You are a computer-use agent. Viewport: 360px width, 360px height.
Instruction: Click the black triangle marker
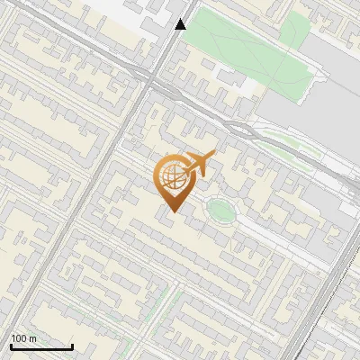point(181,24)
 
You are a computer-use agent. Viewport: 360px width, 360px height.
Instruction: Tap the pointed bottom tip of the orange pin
point(172,211)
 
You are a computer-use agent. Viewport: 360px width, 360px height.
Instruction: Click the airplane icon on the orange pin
point(199,165)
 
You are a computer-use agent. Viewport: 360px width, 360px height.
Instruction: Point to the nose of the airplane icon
point(213,157)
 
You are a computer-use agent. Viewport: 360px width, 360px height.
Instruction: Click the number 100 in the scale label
point(19,338)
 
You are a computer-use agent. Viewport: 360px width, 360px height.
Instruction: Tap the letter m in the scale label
point(32,338)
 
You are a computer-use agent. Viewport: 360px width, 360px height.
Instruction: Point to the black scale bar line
point(41,346)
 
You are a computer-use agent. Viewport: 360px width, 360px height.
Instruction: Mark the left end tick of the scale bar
point(11,345)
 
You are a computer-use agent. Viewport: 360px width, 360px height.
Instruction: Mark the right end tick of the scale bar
point(72,345)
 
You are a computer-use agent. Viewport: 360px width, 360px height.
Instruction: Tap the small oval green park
point(220,211)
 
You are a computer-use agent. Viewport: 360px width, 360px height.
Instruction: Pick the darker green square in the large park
point(293,32)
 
